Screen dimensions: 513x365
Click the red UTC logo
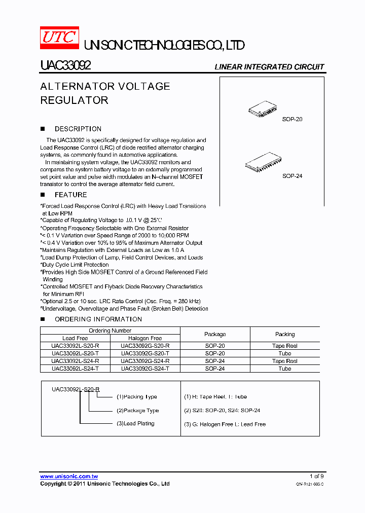pyautogui.click(x=59, y=39)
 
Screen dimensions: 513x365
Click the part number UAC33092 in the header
pyautogui.click(x=65, y=66)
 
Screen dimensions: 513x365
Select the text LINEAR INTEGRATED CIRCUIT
pyautogui.click(x=269, y=67)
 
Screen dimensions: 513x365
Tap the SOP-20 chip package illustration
pyautogui.click(x=263, y=109)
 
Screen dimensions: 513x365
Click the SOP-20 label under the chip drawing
pyautogui.click(x=292, y=120)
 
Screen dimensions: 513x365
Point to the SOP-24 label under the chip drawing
pyautogui.click(x=292, y=176)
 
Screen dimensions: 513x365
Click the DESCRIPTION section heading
pyautogui.click(x=78, y=129)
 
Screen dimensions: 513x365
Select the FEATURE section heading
pyautogui.click(x=70, y=195)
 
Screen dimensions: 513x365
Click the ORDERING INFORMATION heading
pyautogui.click(x=98, y=319)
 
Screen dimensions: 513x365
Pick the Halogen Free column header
pyautogui.click(x=145, y=338)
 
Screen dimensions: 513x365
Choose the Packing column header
pyautogui.click(x=285, y=334)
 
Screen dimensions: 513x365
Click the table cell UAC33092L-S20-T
pyautogui.click(x=75, y=353)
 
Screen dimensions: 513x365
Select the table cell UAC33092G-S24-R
pyautogui.click(x=145, y=361)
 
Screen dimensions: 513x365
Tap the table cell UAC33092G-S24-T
pyautogui.click(x=145, y=369)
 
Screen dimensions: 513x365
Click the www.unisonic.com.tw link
pyautogui.click(x=69, y=477)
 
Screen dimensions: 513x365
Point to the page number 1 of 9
pyautogui.click(x=316, y=476)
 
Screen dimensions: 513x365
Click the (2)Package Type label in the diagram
pyautogui.click(x=138, y=411)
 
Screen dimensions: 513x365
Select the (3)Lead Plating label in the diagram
pyautogui.click(x=135, y=423)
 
